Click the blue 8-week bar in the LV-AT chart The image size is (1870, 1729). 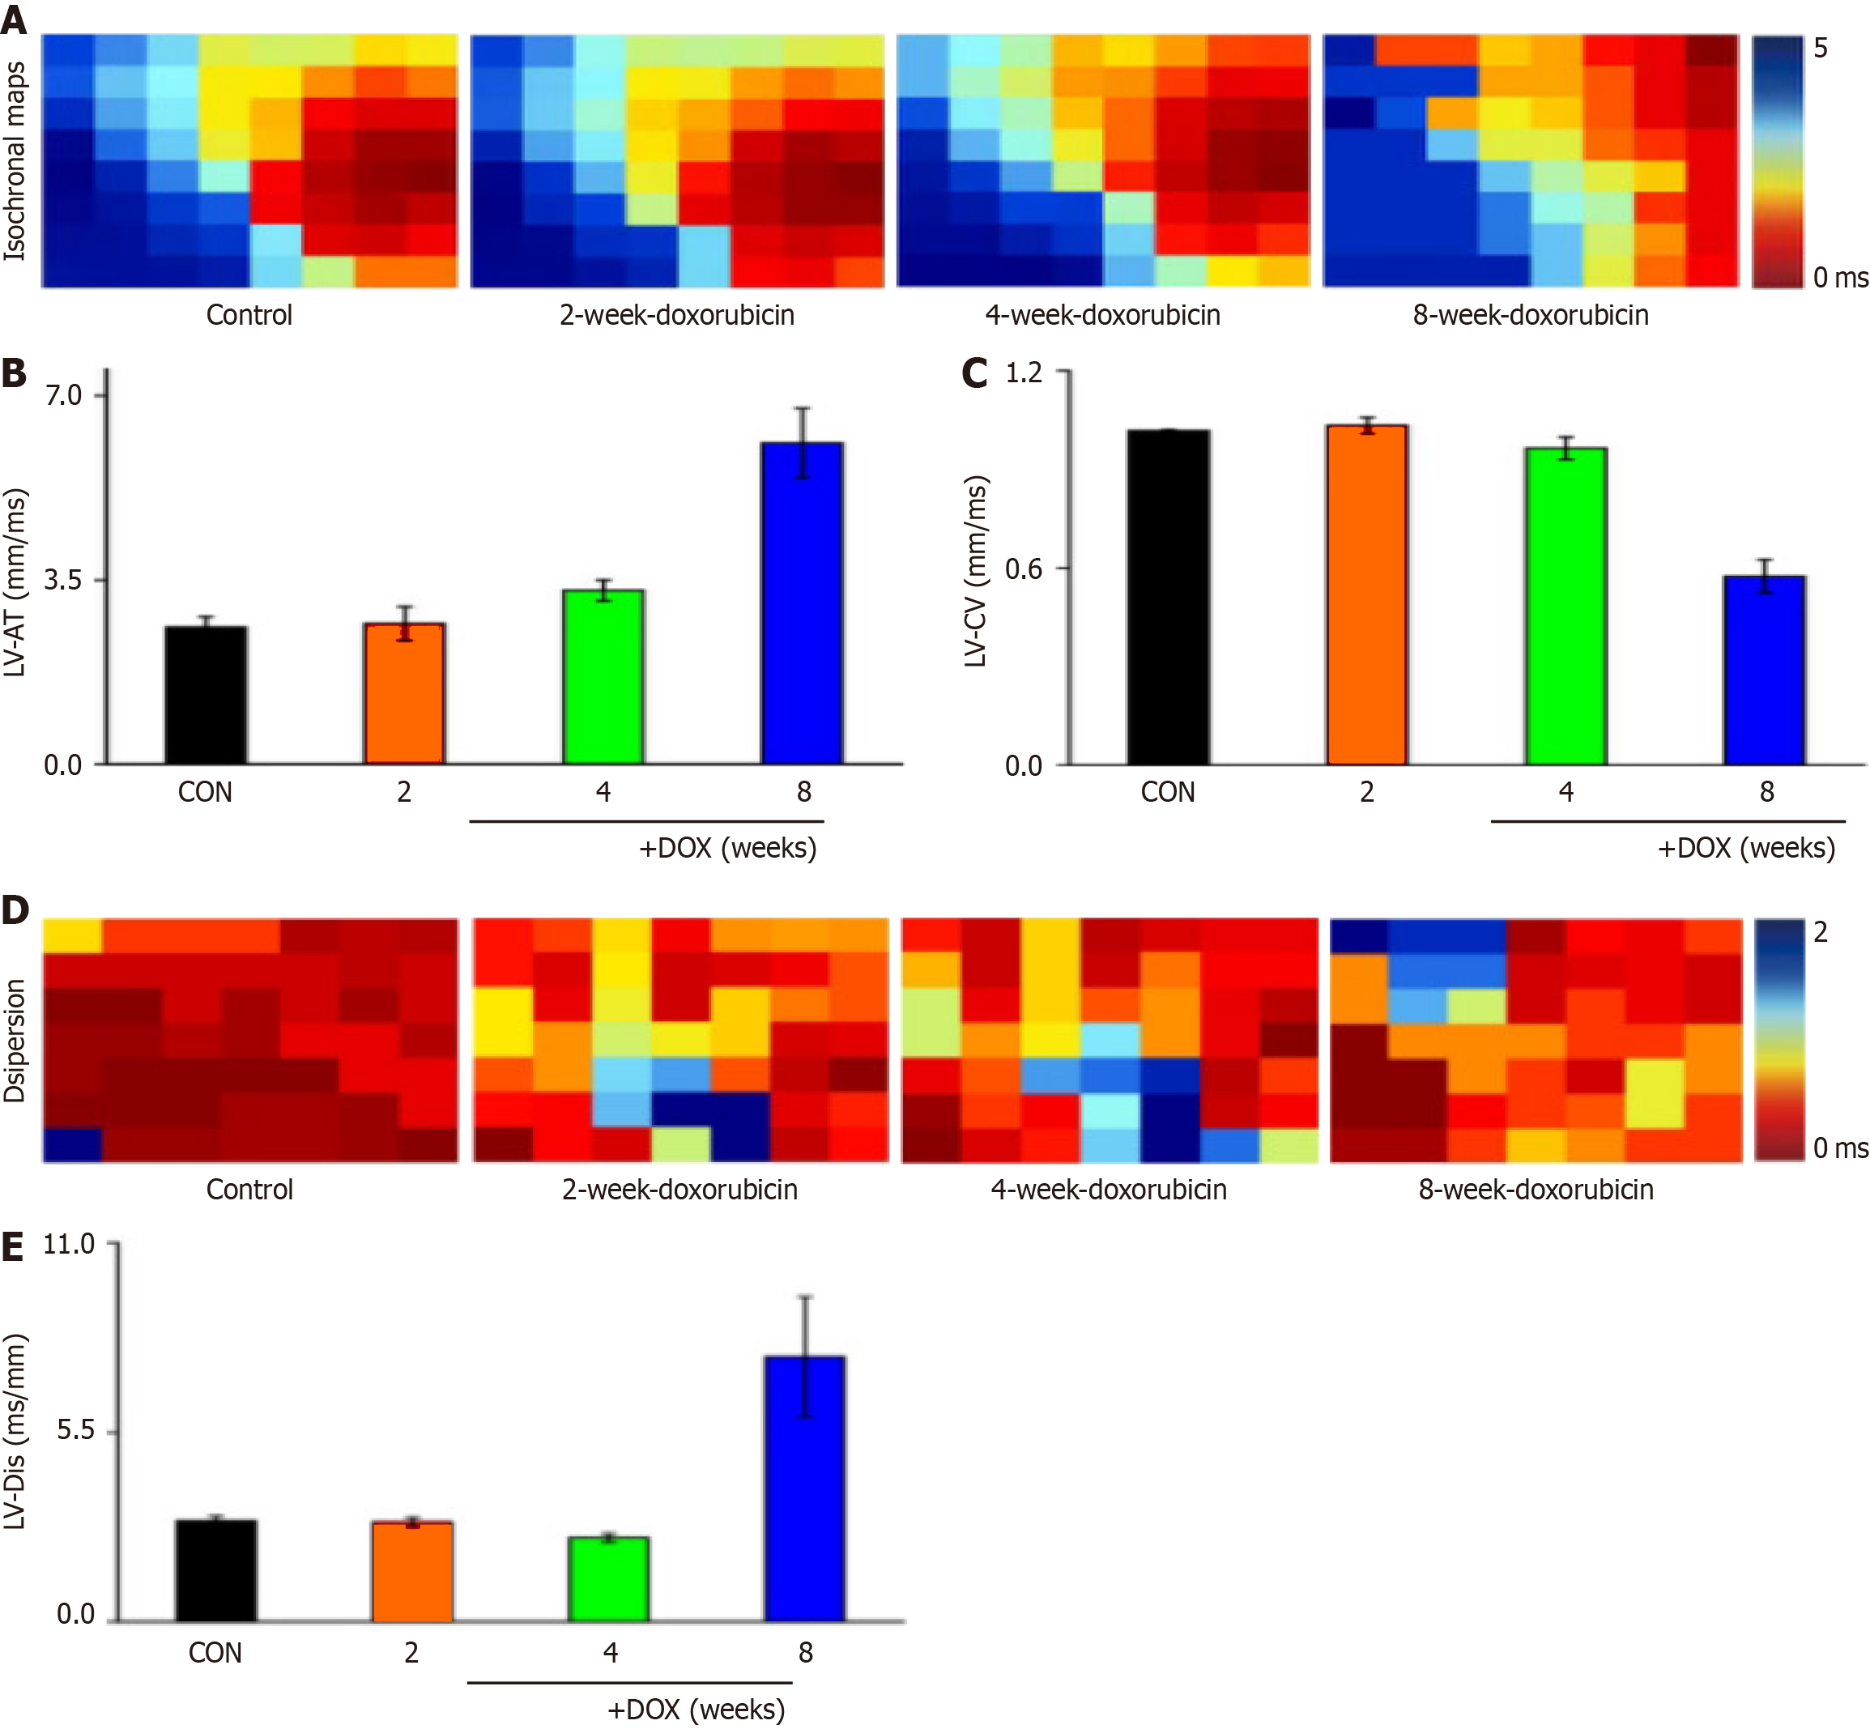(802, 603)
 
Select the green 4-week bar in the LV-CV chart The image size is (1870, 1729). (1565, 607)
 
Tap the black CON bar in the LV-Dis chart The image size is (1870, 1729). (215, 1571)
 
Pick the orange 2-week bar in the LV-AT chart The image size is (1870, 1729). (404, 693)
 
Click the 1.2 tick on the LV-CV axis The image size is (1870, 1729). (1024, 373)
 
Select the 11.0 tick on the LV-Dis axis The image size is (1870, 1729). (69, 1245)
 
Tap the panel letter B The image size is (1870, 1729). (14, 373)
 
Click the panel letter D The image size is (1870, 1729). (15, 910)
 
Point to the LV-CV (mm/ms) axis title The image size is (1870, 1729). (976, 571)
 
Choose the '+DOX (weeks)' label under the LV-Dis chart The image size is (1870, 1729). (696, 1710)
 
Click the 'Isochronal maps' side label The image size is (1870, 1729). (15, 161)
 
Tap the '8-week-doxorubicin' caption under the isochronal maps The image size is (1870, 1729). (1531, 315)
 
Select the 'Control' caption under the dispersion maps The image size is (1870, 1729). (249, 1190)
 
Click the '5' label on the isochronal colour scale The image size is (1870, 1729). (1820, 49)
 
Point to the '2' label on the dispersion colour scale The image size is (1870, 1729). (1820, 933)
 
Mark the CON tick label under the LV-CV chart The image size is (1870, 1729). (1168, 793)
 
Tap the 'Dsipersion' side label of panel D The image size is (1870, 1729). (15, 1041)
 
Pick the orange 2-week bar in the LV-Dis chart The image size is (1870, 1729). (411, 1572)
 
